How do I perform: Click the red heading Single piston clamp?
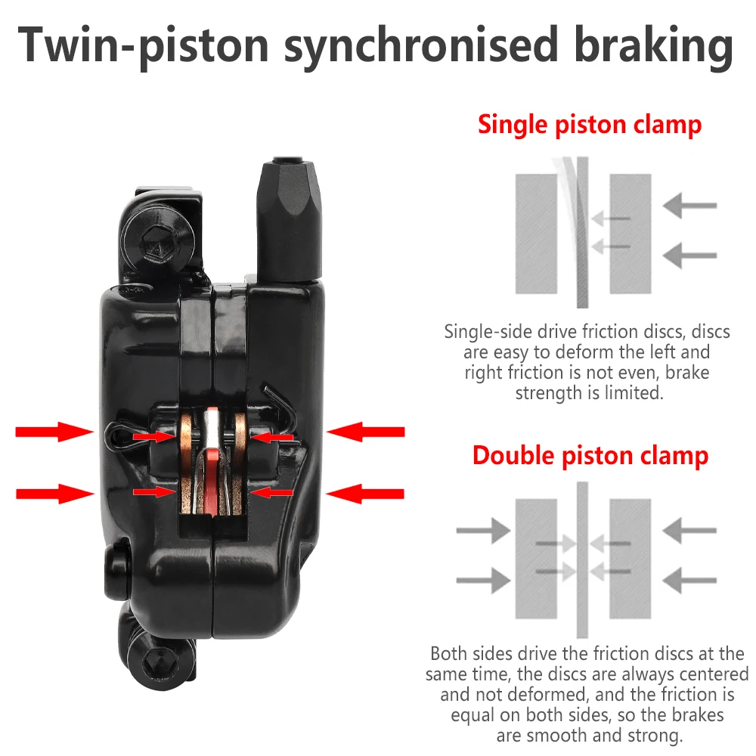pyautogui.click(x=590, y=125)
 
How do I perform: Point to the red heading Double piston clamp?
pyautogui.click(x=590, y=456)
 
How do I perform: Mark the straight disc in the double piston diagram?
pyautogui.click(x=581, y=559)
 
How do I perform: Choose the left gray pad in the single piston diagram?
pyautogui.click(x=536, y=234)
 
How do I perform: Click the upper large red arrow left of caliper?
pyautogui.click(x=53, y=432)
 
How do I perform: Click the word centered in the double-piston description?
pyautogui.click(x=704, y=674)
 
